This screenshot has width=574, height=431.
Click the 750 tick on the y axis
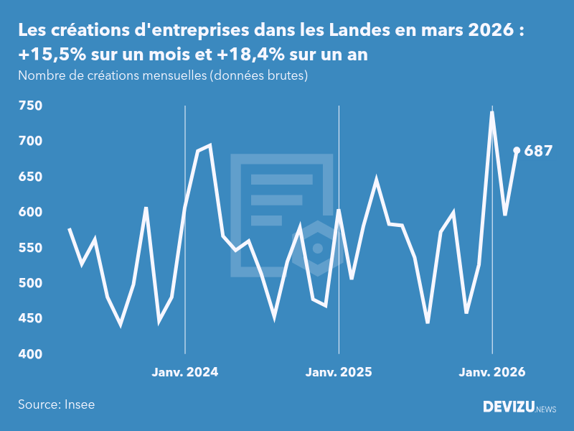[x=32, y=106]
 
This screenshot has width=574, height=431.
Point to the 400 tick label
[x=32, y=354]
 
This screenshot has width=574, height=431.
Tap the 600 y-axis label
[x=32, y=213]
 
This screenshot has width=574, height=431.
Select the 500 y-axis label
[x=32, y=284]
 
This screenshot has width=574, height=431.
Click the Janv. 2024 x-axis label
[x=185, y=372]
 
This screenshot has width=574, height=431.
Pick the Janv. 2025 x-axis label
[x=339, y=372]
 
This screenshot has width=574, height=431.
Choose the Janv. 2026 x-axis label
[x=492, y=372]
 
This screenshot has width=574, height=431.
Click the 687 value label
[x=538, y=151]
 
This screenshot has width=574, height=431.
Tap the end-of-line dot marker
[x=517, y=150]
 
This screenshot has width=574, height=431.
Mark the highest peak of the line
[x=492, y=112]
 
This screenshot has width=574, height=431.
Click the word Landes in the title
[x=359, y=31]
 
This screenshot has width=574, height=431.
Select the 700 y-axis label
[x=32, y=142]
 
